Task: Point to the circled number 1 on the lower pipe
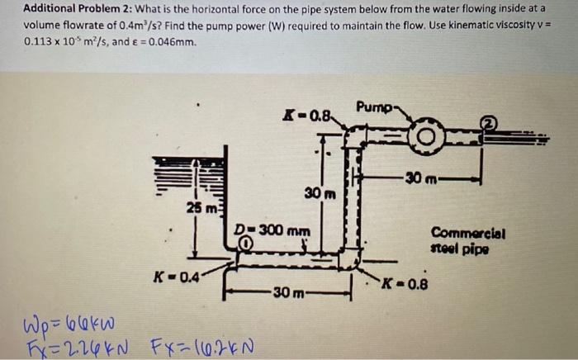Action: click(x=245, y=243)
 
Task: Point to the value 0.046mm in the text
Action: click(x=170, y=40)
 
